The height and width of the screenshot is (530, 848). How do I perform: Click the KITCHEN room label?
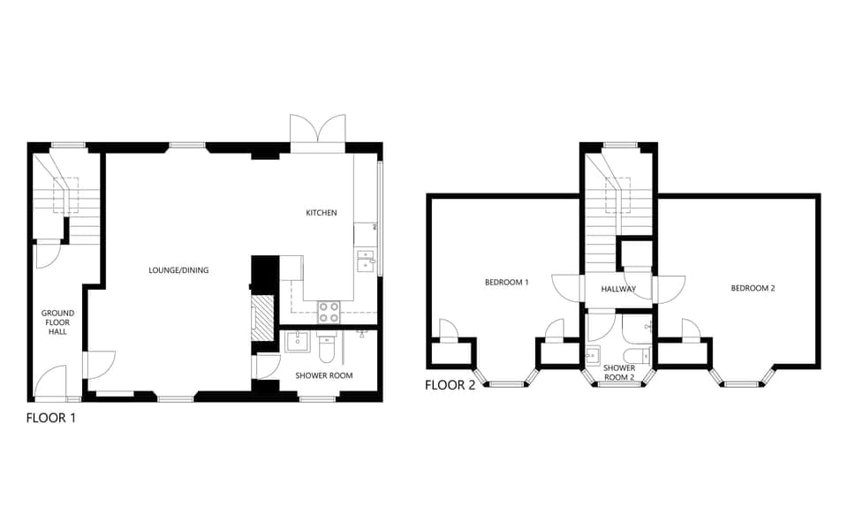(x=321, y=213)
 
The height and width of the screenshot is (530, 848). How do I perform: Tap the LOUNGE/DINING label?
(x=178, y=270)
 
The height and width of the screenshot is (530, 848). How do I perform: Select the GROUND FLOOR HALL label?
(x=57, y=324)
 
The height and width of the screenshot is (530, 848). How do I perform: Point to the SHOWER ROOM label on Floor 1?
(x=323, y=375)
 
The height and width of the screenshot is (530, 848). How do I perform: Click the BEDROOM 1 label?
(x=506, y=283)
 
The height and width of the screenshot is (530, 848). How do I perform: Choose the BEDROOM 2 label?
(x=753, y=288)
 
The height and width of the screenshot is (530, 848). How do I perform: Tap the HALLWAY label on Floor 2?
(x=618, y=289)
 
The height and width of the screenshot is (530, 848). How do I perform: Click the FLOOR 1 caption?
(x=51, y=418)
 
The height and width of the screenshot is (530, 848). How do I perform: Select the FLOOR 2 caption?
(x=450, y=385)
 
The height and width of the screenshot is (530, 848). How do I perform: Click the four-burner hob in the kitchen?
(x=329, y=312)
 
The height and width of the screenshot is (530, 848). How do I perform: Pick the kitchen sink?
(x=364, y=261)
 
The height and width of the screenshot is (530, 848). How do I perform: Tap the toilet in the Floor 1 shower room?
(x=327, y=352)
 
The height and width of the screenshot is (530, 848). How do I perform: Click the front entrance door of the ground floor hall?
(x=51, y=382)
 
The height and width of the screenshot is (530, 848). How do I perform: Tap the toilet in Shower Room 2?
(x=638, y=356)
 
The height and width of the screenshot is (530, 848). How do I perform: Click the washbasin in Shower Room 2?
(x=594, y=355)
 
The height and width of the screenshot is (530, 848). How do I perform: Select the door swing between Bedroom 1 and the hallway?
(x=564, y=288)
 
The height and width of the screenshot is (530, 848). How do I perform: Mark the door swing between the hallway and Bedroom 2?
(x=670, y=288)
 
